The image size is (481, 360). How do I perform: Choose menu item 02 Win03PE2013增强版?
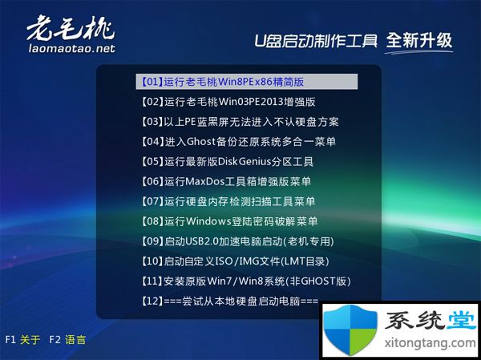[228, 102]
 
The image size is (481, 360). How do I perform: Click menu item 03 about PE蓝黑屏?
[240, 122]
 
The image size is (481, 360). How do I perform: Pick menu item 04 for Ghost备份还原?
[238, 142]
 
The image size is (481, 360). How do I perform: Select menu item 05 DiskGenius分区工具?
[228, 162]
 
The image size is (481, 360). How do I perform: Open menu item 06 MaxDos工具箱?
[226, 182]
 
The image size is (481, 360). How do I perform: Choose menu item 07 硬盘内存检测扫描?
[228, 201]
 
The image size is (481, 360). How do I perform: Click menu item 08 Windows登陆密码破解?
[229, 221]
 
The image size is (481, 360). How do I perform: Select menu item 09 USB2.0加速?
[237, 241]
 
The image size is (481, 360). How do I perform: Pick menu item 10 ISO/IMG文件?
[235, 261]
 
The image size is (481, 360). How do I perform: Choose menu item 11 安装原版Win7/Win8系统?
[246, 281]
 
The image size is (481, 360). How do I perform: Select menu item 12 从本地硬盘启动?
[230, 301]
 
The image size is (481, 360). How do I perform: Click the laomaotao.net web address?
[72, 48]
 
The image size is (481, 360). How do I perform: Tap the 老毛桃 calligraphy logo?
[71, 28]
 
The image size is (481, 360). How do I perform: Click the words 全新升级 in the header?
[419, 40]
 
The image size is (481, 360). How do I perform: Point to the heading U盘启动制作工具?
[316, 41]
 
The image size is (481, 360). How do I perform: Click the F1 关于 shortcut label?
[22, 340]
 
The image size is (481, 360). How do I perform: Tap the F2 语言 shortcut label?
[67, 340]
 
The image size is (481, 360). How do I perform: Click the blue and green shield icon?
[350, 330]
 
